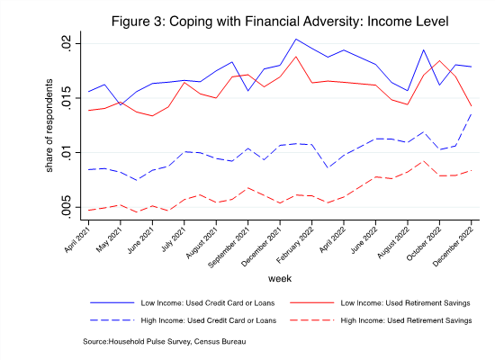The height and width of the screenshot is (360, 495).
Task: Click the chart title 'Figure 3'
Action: [139, 22]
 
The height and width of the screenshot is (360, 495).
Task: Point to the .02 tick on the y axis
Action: [67, 43]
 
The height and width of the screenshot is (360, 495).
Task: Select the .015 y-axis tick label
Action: [67, 98]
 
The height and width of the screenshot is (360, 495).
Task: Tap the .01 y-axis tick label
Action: [67, 152]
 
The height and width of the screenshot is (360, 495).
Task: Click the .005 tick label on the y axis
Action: [67, 206]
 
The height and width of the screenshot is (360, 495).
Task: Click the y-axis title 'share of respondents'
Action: [49, 125]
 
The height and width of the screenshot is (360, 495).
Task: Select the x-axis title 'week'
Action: [280, 278]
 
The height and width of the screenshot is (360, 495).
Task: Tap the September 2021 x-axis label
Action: [229, 247]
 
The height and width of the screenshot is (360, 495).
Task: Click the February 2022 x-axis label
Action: [295, 245]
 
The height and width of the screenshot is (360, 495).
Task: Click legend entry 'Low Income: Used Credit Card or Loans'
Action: [208, 303]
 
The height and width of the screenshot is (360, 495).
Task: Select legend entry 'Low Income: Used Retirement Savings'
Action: [405, 303]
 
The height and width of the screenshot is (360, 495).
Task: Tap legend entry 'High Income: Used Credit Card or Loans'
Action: [209, 320]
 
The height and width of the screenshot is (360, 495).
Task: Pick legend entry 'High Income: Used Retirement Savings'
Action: [406, 320]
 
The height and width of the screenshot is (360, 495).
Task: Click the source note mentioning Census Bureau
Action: [164, 342]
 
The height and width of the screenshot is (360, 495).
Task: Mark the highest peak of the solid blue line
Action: [296, 40]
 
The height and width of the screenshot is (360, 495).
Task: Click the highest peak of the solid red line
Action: [296, 57]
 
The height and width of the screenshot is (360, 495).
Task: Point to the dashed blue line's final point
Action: [472, 114]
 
